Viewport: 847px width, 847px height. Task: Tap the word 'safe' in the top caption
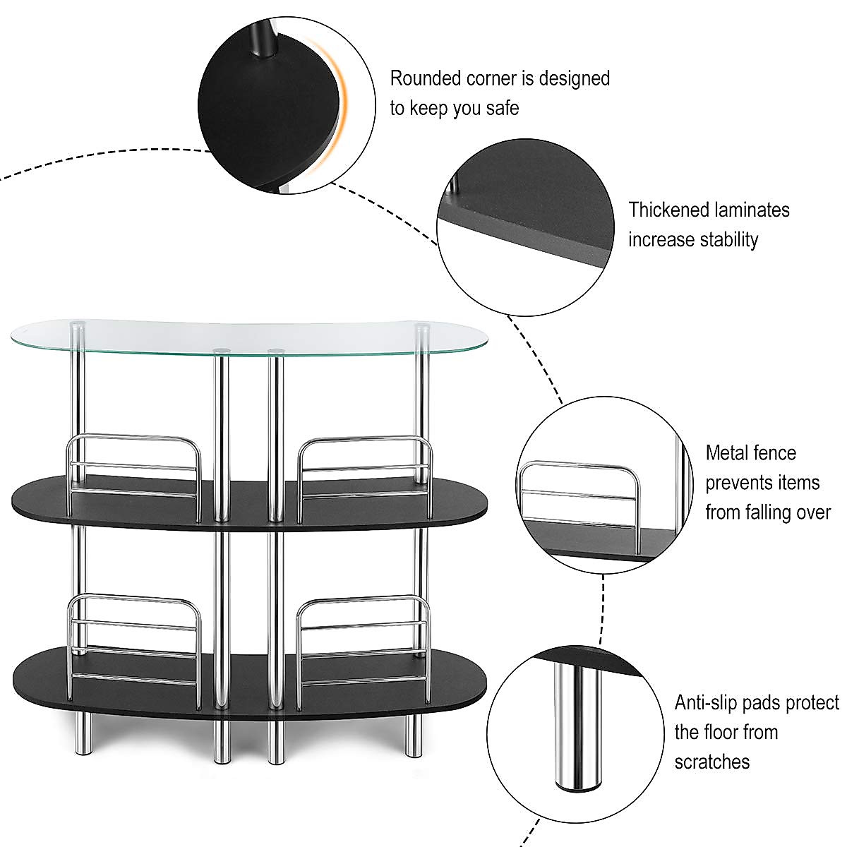click(500, 109)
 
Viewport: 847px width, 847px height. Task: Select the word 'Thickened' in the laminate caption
click(668, 210)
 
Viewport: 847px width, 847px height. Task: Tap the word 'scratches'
click(711, 762)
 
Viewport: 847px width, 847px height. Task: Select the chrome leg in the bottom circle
click(577, 727)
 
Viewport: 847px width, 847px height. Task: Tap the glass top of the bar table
click(247, 335)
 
